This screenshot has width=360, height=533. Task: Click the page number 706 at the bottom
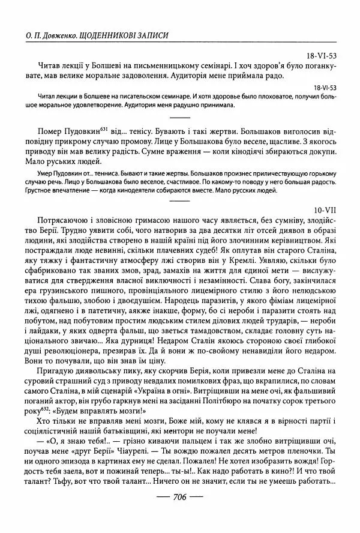coord(180,514)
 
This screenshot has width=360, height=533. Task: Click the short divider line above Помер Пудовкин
coord(180,116)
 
